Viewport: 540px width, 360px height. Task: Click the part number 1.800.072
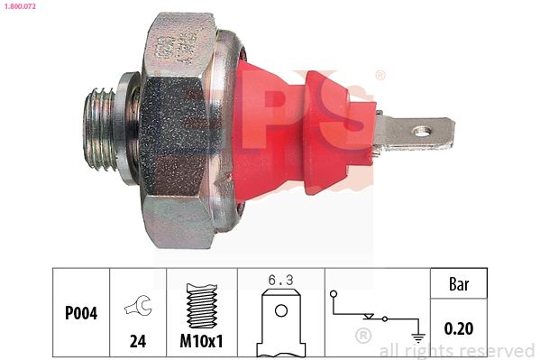click(x=19, y=6)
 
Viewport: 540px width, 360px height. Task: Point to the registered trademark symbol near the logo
click(x=380, y=76)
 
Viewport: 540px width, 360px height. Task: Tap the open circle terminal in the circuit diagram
click(x=334, y=295)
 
